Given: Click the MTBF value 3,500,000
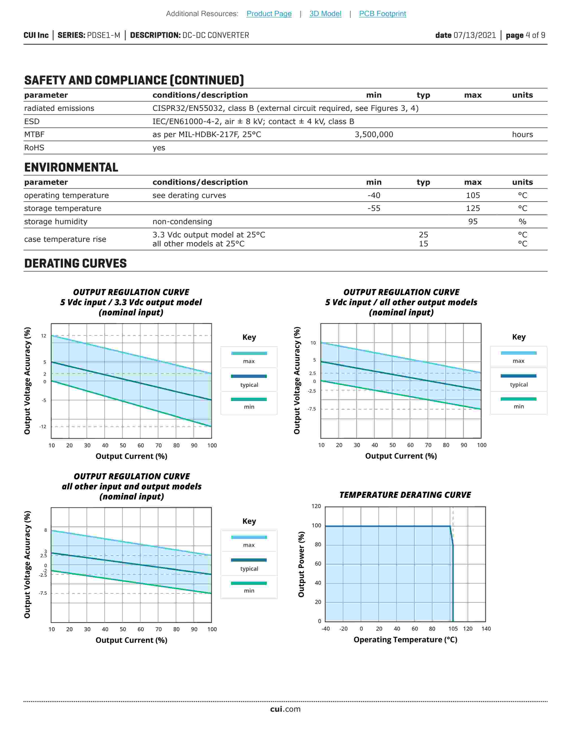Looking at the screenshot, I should [374, 134].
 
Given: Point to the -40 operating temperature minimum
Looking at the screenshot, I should [374, 195].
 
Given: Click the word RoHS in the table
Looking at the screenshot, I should [34, 148].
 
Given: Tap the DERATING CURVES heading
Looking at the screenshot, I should [75, 263].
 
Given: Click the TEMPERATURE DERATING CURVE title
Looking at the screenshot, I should [405, 495].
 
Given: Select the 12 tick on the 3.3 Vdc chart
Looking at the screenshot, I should [44, 336].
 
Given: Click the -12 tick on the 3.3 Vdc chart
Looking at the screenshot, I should [43, 426].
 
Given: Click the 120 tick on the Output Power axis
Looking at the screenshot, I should [316, 506].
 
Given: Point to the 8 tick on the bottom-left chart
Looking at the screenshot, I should [46, 530].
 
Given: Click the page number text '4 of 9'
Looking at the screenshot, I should [535, 35].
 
